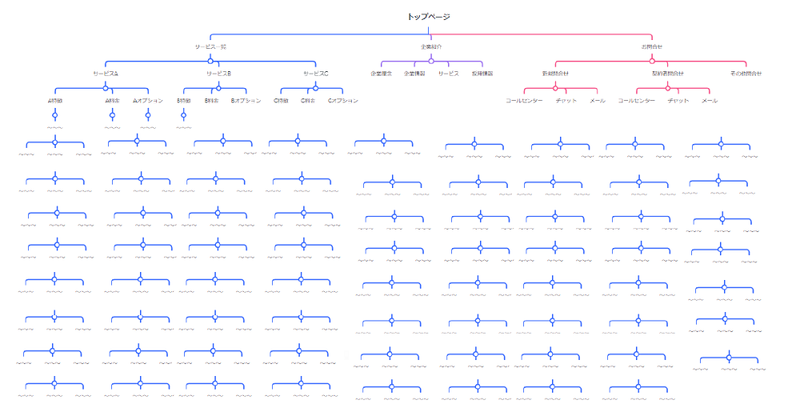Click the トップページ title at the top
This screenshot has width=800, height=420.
click(x=429, y=17)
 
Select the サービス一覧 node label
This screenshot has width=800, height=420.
click(x=210, y=47)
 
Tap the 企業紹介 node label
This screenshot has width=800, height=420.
click(x=430, y=47)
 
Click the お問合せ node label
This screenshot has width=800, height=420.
click(x=651, y=47)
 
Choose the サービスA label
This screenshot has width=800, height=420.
click(x=105, y=74)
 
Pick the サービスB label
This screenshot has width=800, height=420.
click(x=218, y=74)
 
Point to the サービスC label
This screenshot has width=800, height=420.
click(x=315, y=74)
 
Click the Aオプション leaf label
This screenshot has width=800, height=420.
click(x=148, y=101)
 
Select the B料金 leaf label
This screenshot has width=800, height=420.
click(x=212, y=101)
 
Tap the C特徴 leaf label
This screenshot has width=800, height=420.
click(x=281, y=101)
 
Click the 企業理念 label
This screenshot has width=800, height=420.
click(x=380, y=74)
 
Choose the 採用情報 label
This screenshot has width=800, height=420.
click(x=482, y=74)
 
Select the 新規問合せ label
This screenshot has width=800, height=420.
click(x=555, y=74)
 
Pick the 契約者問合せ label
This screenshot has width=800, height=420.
click(x=667, y=74)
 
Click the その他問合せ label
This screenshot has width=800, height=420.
click(x=746, y=74)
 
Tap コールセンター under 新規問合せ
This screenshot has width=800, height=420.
click(x=524, y=101)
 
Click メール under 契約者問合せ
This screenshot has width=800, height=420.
click(x=710, y=101)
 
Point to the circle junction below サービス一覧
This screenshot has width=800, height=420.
click(x=210, y=60)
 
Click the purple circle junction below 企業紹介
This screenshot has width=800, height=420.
click(x=430, y=60)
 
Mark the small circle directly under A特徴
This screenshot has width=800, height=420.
click(x=55, y=114)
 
